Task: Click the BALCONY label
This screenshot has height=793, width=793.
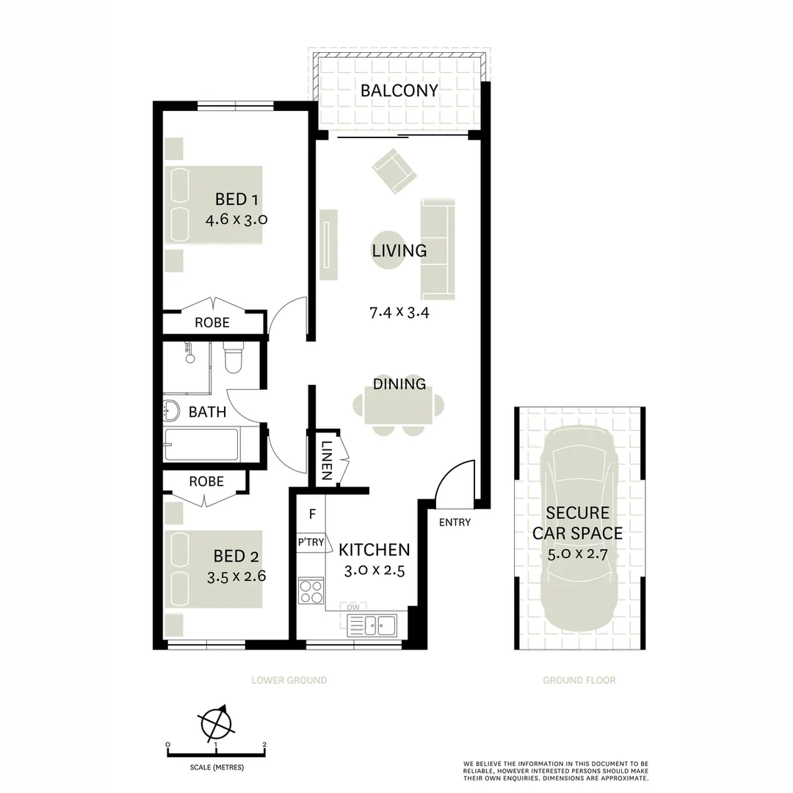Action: (399, 90)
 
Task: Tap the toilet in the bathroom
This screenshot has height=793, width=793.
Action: (233, 357)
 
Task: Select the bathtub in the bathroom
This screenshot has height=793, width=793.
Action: (201, 444)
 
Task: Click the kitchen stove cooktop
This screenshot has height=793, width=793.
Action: (311, 590)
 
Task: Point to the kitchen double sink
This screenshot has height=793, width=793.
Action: (372, 625)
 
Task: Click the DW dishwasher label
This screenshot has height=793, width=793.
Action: (353, 607)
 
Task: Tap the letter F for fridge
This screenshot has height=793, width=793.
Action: (313, 514)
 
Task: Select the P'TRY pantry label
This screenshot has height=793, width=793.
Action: (311, 542)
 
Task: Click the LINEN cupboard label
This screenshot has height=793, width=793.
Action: (326, 460)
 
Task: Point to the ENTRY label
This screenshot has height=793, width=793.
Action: (455, 523)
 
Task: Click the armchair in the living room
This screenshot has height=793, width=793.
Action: (394, 170)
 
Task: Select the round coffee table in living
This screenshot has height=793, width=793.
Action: (388, 250)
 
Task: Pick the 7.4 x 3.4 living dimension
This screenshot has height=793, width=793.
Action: (399, 313)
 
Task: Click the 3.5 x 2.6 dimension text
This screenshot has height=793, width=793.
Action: (236, 576)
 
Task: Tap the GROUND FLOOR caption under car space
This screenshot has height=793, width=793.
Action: (579, 680)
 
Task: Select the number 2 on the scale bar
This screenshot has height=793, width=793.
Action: (264, 745)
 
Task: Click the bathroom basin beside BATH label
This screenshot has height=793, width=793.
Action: (171, 410)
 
